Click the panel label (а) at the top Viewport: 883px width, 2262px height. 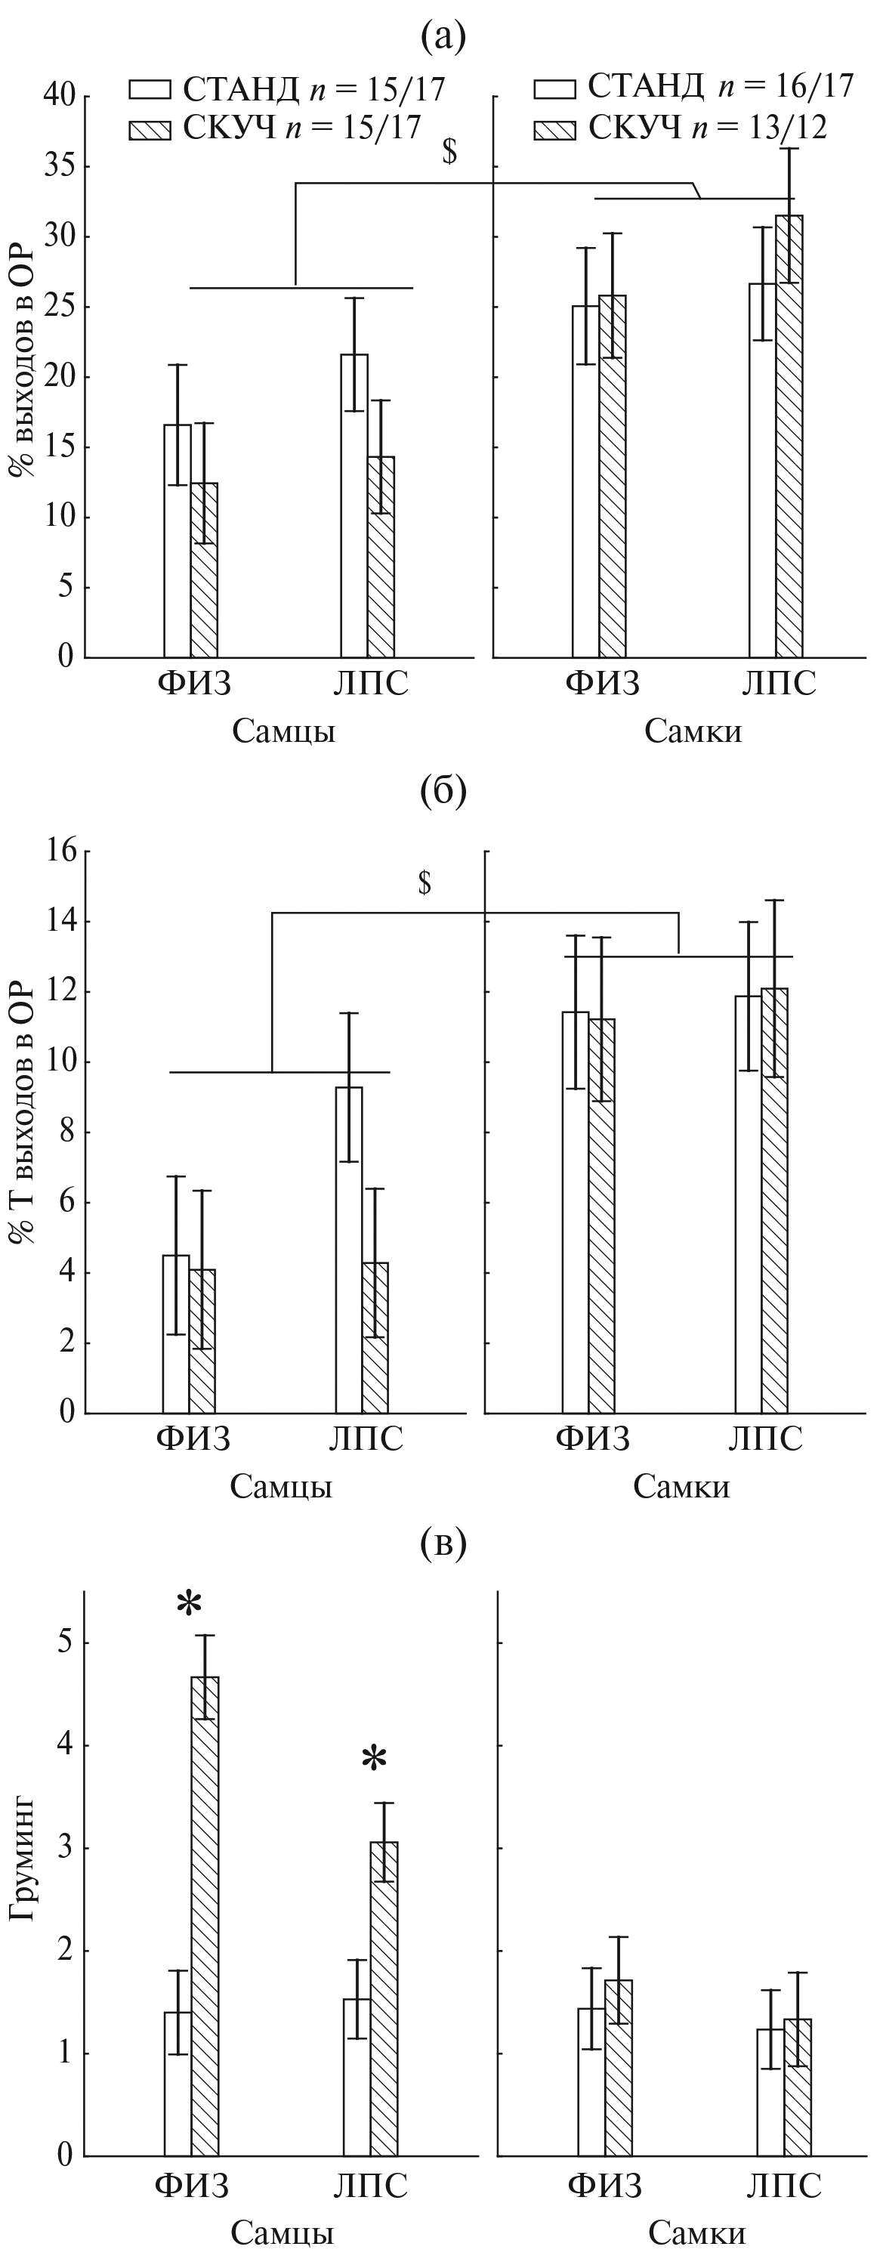point(443,37)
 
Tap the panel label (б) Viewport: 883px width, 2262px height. point(443,791)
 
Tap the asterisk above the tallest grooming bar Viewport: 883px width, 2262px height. point(189,1605)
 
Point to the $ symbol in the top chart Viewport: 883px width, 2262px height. point(449,152)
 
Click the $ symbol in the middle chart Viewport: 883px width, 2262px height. point(425,882)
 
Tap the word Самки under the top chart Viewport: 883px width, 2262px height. point(693,731)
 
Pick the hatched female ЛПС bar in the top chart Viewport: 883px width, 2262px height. point(789,439)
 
